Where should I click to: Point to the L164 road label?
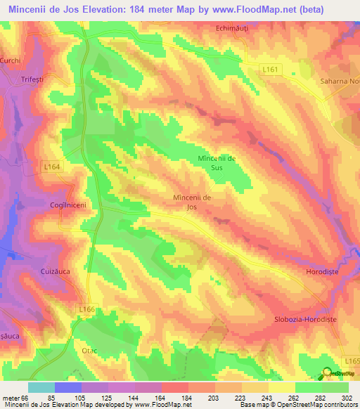pyautogui.click(x=52, y=167)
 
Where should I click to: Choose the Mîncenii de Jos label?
pyautogui.click(x=192, y=202)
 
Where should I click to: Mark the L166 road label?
pyautogui.click(x=87, y=309)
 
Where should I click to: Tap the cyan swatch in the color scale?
pyautogui.click(x=41, y=387)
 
